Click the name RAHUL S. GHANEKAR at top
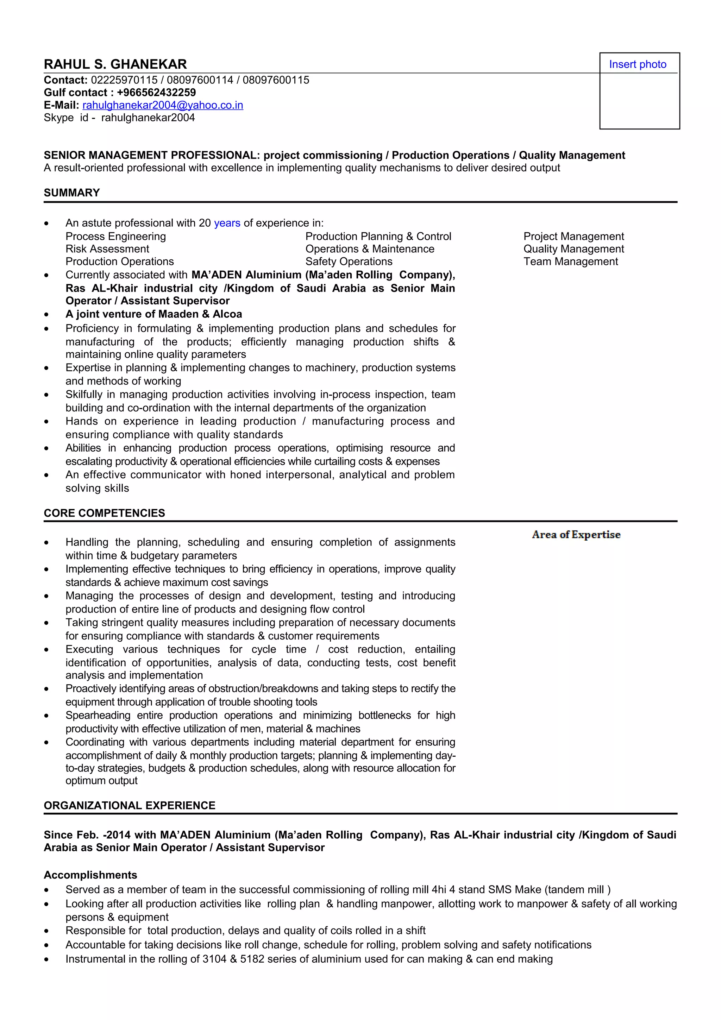115,64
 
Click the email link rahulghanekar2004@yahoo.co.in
163,105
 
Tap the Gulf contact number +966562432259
156,93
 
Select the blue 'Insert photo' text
637,64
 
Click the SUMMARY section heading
71,193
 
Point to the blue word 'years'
227,223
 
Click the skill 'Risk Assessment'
107,249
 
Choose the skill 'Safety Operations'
349,261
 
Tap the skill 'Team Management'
570,261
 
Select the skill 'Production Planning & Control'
378,236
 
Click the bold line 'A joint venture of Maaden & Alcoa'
154,314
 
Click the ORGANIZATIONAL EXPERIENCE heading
129,805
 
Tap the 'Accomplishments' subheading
90,875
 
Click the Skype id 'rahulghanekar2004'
148,118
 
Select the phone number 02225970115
124,80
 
